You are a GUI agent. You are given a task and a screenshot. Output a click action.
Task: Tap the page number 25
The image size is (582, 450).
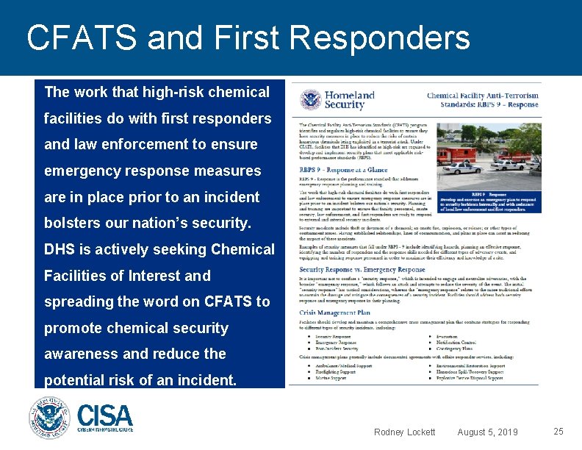pos(558,432)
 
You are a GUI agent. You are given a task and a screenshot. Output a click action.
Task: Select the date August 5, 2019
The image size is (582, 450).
pos(487,432)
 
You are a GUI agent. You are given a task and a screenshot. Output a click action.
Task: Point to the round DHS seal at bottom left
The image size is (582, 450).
pos(49,418)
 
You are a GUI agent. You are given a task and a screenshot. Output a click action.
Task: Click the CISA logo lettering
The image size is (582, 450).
pos(105,415)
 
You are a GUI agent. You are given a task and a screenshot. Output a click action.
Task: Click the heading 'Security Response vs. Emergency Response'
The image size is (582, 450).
pos(362,269)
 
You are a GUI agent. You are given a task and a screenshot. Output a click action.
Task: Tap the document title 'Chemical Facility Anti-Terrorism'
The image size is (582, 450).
pos(482,96)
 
